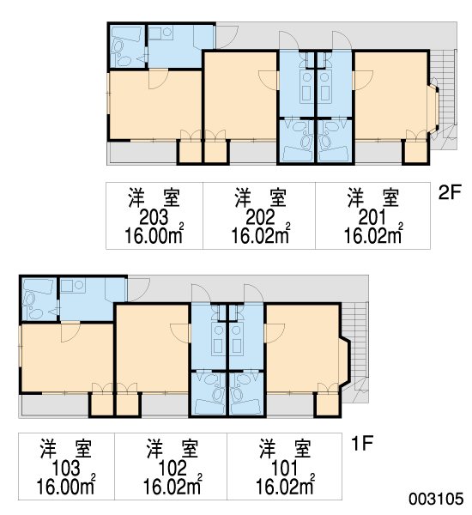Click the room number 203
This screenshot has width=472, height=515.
coord(154,217)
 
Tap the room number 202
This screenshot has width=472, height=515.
coord(260,217)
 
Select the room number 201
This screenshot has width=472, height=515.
coord(372,217)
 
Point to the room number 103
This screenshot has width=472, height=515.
coord(66,468)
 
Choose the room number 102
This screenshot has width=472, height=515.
coord(172,468)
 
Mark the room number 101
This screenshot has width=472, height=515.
coord(284,468)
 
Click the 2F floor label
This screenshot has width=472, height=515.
coord(450,192)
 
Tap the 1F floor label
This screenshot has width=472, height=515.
coord(362,444)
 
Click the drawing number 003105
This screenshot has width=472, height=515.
coord(436,499)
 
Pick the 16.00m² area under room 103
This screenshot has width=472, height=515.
coord(66,485)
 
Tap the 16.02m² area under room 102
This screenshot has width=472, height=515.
coord(172,485)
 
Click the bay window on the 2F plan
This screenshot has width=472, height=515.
coord(433,110)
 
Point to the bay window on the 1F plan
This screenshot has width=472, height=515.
coord(344,361)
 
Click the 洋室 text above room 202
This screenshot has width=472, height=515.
coord(260,198)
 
